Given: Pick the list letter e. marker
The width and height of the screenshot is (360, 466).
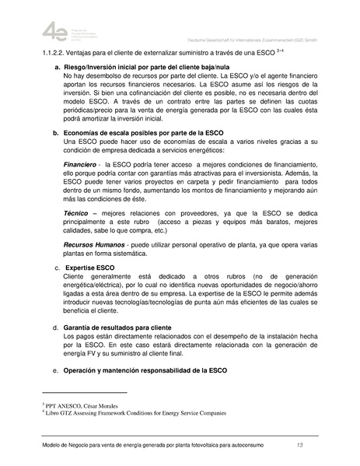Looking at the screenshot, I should pyautogui.click(x=55, y=371).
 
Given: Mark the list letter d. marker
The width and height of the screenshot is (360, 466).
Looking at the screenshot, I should pyautogui.click(x=55, y=328).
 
